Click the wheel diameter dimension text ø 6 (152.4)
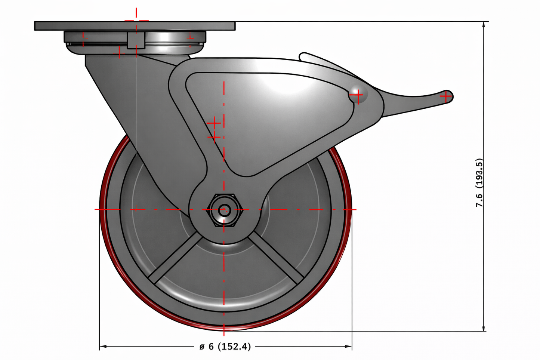tap(225, 347)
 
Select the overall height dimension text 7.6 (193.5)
tap(479, 183)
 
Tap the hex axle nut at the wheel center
tap(224, 210)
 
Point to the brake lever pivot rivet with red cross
tap(358, 96)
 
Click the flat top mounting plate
tap(135, 26)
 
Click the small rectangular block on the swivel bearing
tap(136, 40)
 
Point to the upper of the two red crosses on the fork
tap(214, 123)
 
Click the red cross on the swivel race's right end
tap(190, 37)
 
